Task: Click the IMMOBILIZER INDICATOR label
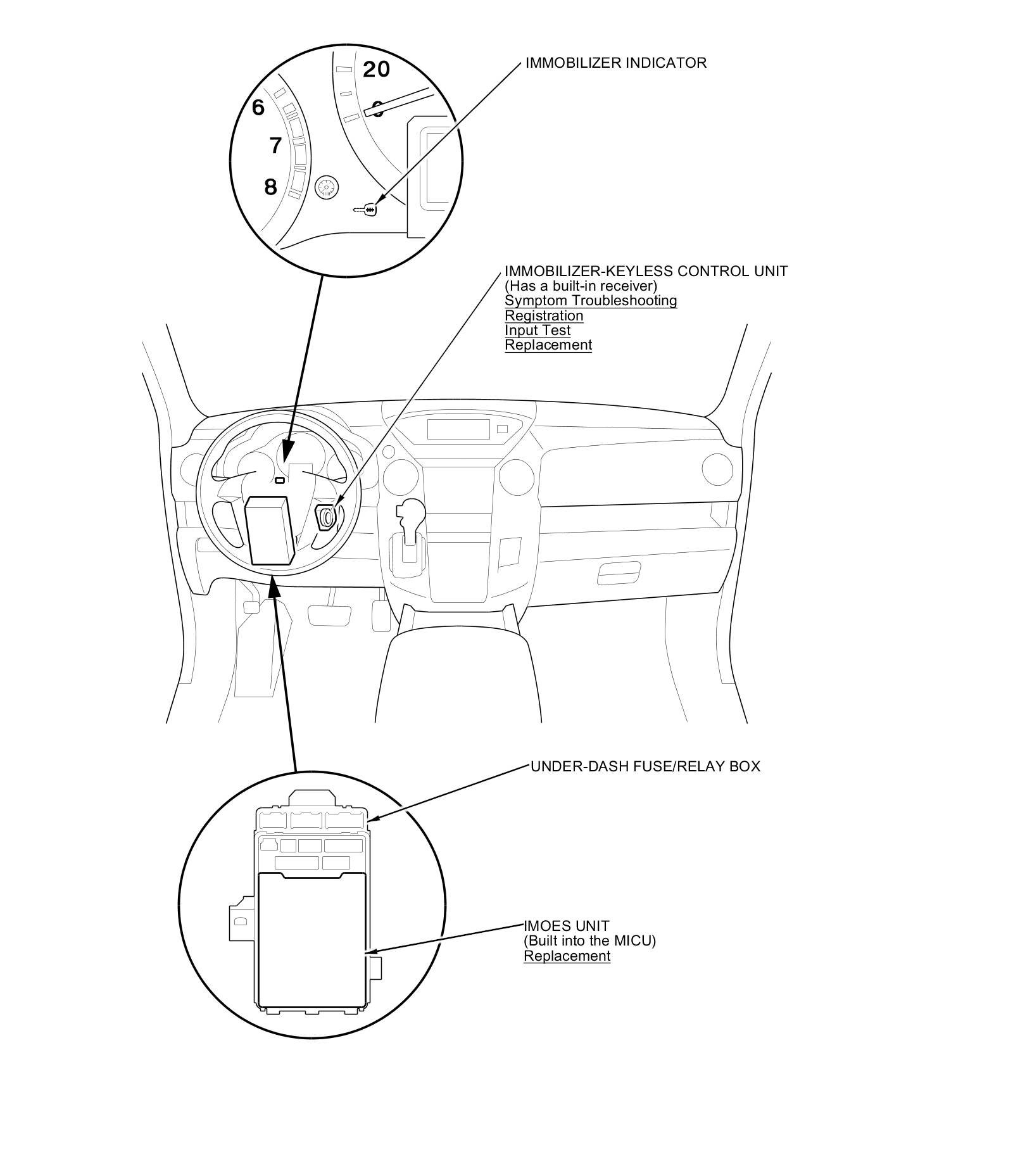(615, 63)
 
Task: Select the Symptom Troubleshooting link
(591, 301)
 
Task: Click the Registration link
(544, 315)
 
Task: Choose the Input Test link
(538, 330)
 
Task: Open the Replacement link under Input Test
(548, 345)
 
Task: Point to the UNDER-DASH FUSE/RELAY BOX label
(645, 766)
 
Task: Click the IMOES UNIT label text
(566, 926)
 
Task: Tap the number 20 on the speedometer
(376, 69)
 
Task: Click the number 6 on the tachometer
(258, 108)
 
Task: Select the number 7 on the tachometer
(275, 146)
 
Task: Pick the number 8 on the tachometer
(270, 187)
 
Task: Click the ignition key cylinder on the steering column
(326, 517)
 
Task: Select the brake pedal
(329, 615)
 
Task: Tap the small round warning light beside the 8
(327, 187)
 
